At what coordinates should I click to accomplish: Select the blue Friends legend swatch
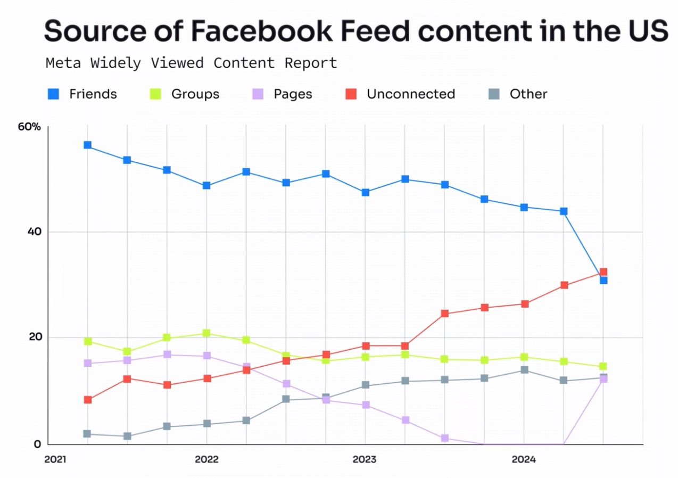[x=54, y=94]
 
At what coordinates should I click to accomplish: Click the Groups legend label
[x=195, y=94]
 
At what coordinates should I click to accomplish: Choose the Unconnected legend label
[x=411, y=94]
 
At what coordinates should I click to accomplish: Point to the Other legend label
[x=528, y=94]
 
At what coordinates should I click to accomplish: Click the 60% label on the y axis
[x=29, y=127]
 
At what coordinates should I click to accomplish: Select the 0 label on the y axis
[x=37, y=444]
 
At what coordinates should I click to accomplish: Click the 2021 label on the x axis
[x=55, y=459]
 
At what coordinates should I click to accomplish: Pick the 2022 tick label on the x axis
[x=206, y=459]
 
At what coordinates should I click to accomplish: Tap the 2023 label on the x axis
[x=365, y=459]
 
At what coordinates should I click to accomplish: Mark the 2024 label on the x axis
[x=524, y=459]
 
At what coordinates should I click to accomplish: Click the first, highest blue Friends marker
[x=87, y=145]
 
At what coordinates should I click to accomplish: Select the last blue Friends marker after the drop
[x=603, y=280]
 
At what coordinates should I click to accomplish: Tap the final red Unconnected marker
[x=603, y=272]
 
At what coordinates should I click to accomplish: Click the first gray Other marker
[x=87, y=434]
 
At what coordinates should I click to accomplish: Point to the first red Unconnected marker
[x=87, y=400]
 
